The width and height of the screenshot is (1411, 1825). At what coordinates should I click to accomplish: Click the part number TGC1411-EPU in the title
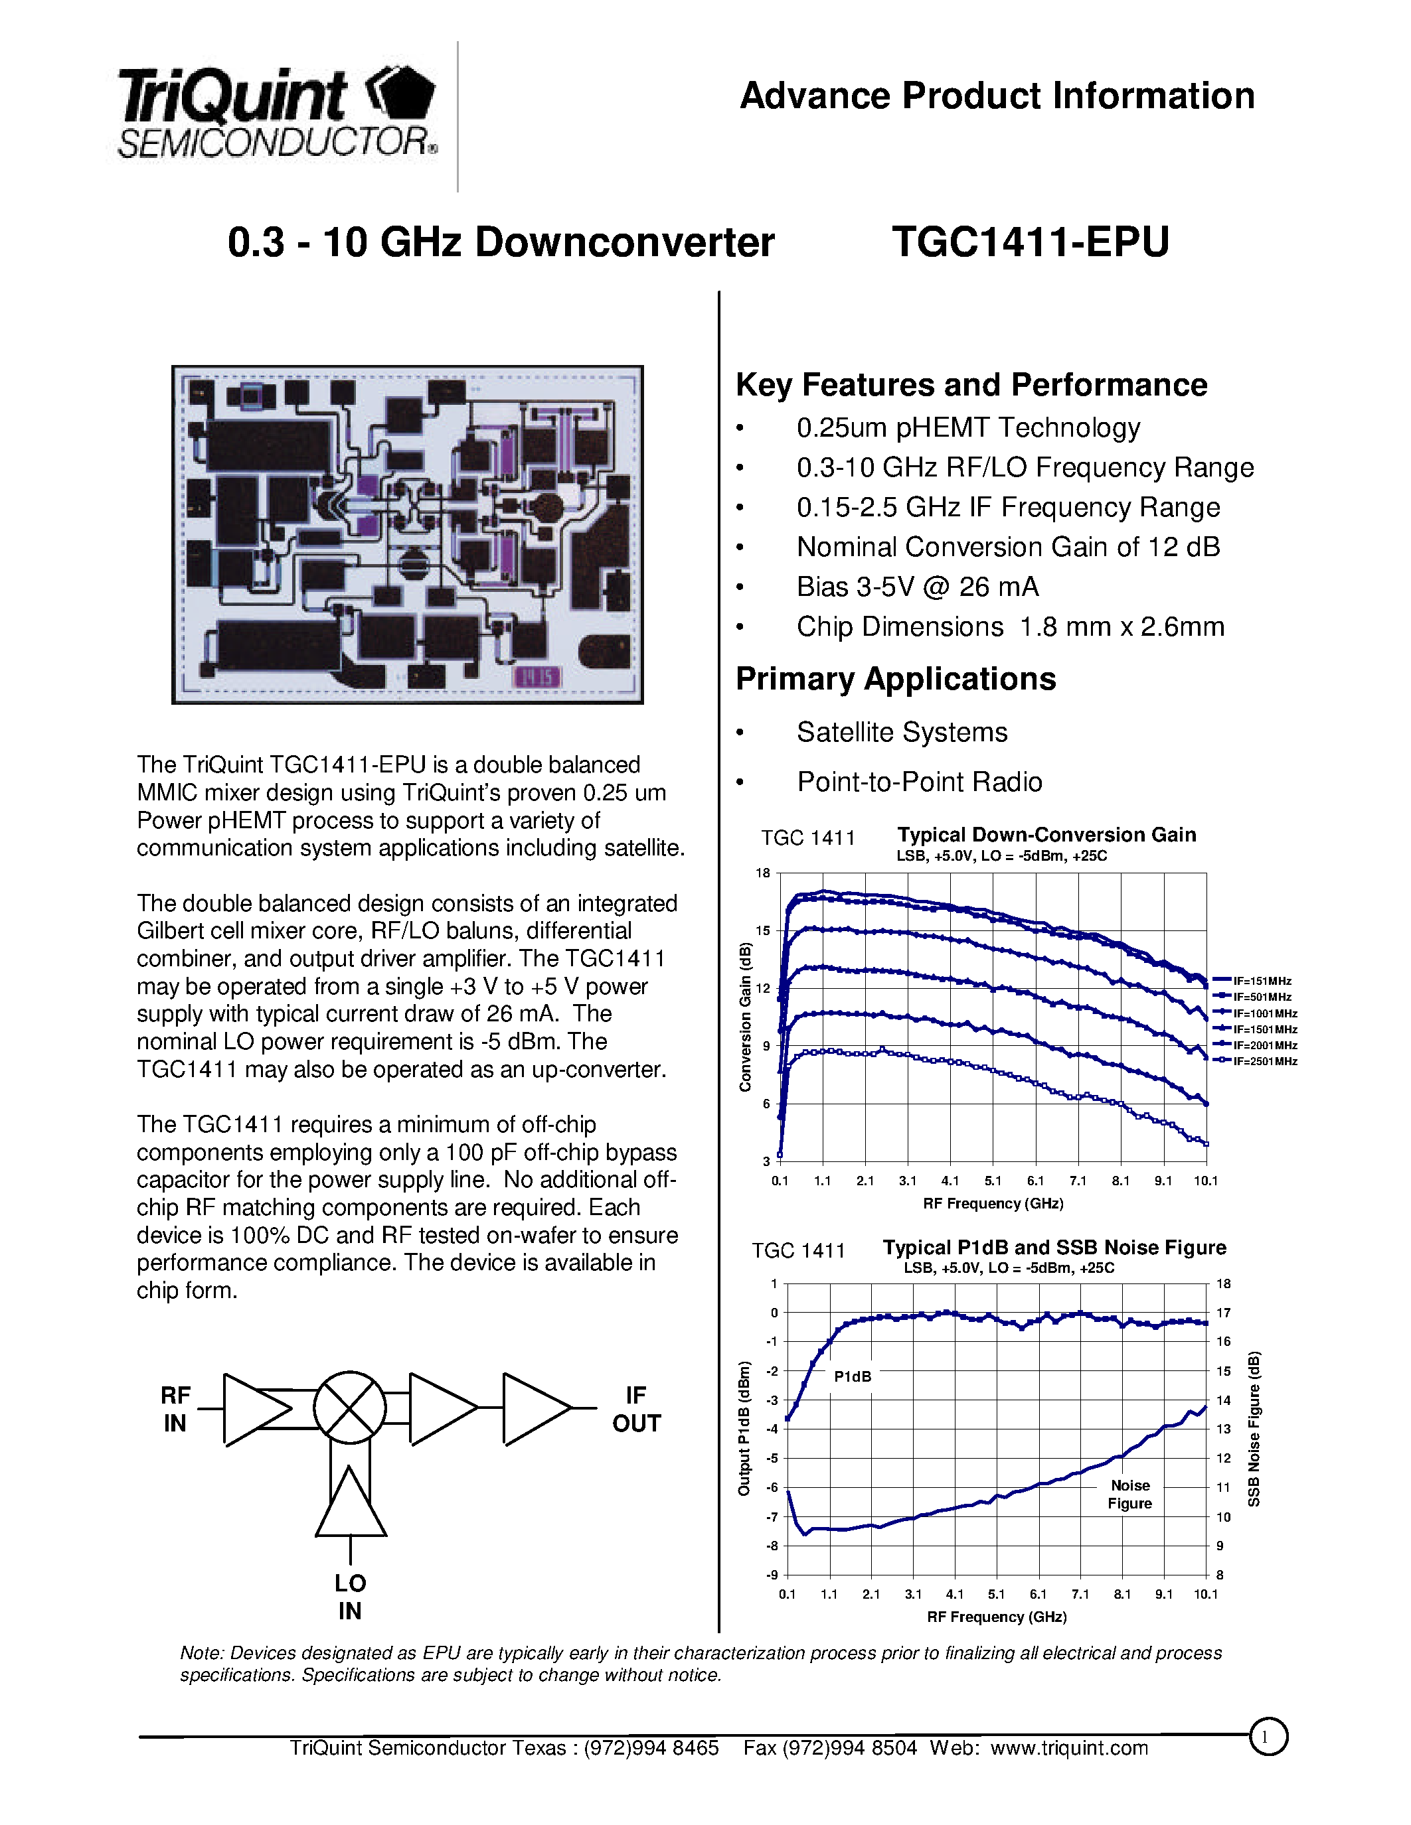(x=1030, y=242)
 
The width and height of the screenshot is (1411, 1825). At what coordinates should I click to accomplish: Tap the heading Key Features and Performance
(x=971, y=384)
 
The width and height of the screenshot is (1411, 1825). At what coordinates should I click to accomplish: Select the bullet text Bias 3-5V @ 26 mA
(x=917, y=587)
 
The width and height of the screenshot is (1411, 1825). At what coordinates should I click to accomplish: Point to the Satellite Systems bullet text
(x=901, y=732)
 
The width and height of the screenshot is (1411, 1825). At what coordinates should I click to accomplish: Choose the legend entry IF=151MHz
(x=1262, y=981)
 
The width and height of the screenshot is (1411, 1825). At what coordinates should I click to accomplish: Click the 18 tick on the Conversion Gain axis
(x=762, y=873)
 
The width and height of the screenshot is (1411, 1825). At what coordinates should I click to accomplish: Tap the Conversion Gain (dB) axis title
(x=746, y=1016)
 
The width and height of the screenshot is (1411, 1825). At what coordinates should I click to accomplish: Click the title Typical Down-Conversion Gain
(x=1046, y=835)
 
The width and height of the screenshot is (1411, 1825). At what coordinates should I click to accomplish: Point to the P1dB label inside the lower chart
(x=853, y=1376)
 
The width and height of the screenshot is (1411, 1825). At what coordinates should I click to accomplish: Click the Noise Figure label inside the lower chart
(x=1129, y=1494)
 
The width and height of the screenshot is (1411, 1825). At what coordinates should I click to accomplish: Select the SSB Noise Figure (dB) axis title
(x=1254, y=1429)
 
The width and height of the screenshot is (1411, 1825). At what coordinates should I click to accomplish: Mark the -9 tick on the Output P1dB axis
(x=772, y=1575)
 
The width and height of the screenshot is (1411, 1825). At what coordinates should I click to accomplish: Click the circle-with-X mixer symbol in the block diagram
(x=349, y=1407)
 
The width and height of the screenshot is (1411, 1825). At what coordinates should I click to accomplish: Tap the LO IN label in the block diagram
(x=350, y=1597)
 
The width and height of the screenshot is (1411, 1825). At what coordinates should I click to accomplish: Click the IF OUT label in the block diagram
(x=636, y=1409)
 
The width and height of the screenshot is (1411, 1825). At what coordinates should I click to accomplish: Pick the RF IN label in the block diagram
(x=175, y=1409)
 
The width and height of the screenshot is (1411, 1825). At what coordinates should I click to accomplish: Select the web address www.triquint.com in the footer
(x=1069, y=1748)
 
